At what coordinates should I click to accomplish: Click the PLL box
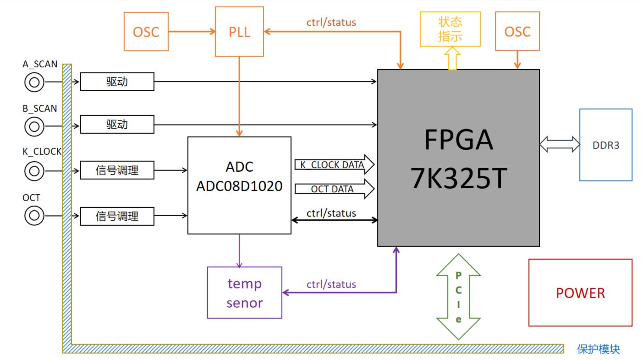click(239, 32)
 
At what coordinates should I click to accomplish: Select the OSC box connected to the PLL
click(146, 32)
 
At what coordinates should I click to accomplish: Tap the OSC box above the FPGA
click(517, 32)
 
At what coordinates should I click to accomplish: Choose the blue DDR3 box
click(605, 145)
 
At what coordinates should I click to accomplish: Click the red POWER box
click(580, 293)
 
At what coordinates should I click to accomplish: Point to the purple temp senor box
click(244, 293)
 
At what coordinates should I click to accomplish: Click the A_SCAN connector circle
click(34, 82)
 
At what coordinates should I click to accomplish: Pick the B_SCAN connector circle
click(34, 125)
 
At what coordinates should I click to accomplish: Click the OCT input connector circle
click(34, 215)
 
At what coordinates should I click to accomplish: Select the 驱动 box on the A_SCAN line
click(117, 82)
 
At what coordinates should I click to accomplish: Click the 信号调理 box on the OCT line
click(117, 216)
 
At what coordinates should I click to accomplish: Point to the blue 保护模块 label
click(598, 349)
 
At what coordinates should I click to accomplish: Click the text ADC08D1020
click(239, 186)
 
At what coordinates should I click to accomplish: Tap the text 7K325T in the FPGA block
click(458, 178)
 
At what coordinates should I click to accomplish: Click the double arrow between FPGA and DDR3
click(560, 144)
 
